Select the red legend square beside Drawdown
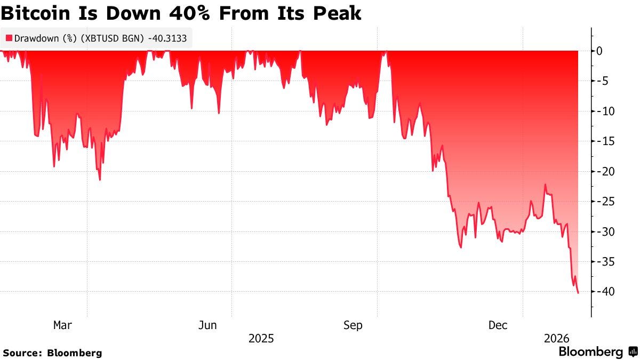pos(9,38)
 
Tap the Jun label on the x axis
pos(207,325)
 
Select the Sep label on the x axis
pos(353,325)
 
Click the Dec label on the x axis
pos(498,325)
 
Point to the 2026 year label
pos(556,339)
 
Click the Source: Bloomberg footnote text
pos(52,353)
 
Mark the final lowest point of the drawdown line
pos(579,293)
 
